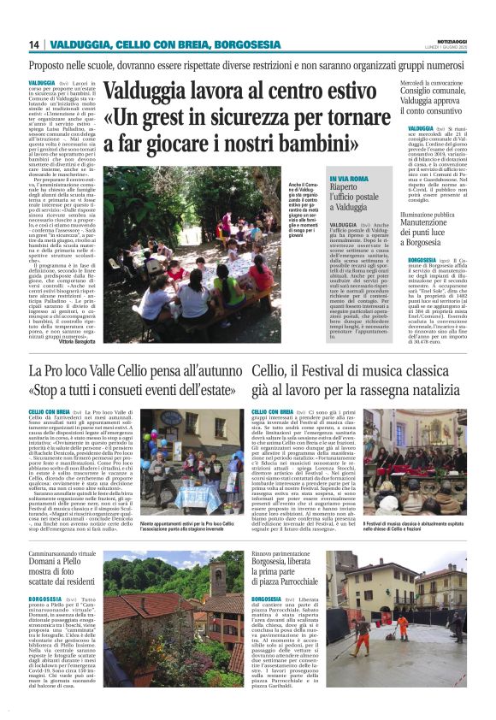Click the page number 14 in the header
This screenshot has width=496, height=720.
(x=33, y=44)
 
